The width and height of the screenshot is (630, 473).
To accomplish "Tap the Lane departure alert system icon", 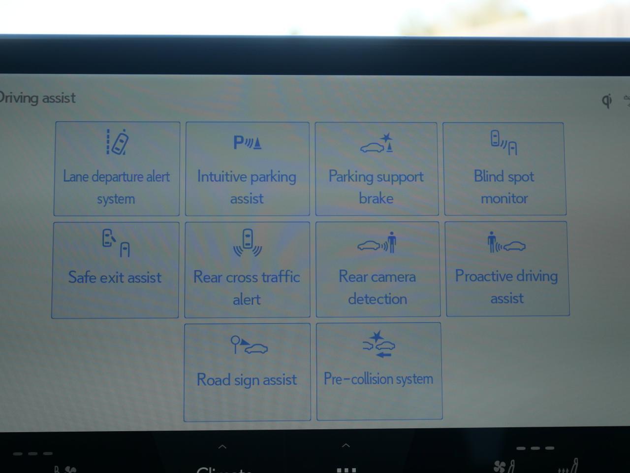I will (117, 142).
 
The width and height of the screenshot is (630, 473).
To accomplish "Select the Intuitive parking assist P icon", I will (247, 143).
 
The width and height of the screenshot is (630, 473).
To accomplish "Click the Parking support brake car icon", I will (377, 144).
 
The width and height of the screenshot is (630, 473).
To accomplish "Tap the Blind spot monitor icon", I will (504, 142).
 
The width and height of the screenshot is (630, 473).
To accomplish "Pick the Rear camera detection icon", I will (377, 242).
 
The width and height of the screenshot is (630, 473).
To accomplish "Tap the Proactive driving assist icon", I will (506, 242).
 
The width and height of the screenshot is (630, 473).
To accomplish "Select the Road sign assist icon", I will (249, 345).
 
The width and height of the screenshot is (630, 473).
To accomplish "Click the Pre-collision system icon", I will (378, 344).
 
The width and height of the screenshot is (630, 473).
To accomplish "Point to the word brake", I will (376, 198).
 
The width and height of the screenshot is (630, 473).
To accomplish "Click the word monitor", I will (504, 198).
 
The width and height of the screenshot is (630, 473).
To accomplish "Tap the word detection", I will (378, 299).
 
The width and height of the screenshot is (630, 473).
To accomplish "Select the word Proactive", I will (485, 276).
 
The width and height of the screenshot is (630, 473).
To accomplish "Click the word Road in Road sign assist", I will (213, 379).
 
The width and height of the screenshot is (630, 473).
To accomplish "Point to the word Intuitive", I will (222, 176).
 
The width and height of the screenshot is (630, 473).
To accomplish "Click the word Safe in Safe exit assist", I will (82, 277).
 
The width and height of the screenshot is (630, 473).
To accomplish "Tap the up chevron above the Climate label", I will (222, 447).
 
